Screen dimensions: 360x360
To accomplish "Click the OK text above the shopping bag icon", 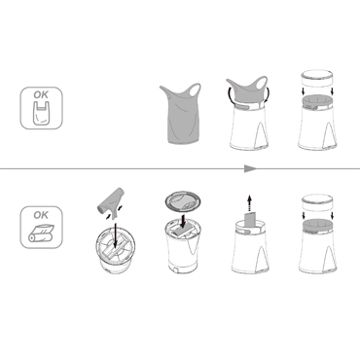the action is (x=41, y=94).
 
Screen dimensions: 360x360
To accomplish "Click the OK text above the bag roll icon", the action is (x=41, y=215).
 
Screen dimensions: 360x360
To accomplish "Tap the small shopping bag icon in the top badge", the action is (x=42, y=113).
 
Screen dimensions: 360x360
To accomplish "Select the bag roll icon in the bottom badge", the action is (x=42, y=233).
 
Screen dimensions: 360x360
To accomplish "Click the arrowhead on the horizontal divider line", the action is (x=250, y=168).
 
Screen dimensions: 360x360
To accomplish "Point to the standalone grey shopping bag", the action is (x=180, y=114).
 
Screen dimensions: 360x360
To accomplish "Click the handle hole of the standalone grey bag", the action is (x=196, y=90).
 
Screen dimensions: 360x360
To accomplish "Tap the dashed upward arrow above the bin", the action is (x=249, y=203).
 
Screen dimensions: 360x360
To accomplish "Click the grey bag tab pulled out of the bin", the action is (x=250, y=220).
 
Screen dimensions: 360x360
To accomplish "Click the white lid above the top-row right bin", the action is (x=317, y=79).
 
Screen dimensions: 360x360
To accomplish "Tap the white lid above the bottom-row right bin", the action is (x=317, y=203).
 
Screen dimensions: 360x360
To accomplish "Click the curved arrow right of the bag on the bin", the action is (x=268, y=95).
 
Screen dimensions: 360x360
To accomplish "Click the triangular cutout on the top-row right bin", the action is (x=329, y=135).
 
